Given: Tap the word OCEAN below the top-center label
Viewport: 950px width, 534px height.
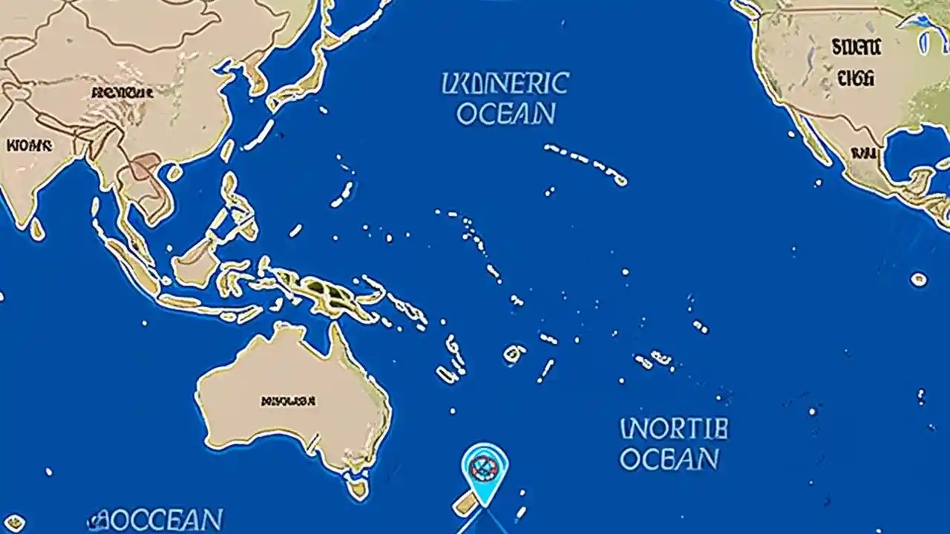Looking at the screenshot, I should (505, 113).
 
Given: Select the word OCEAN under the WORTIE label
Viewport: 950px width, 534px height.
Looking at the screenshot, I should (669, 458).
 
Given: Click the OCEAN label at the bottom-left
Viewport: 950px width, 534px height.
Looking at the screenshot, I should (156, 519).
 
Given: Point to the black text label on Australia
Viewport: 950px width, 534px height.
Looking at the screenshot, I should (288, 401).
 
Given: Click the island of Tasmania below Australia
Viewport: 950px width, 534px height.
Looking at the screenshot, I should (358, 487).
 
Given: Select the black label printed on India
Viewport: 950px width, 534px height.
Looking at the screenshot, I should (30, 146).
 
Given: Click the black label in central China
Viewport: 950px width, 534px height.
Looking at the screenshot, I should (122, 93).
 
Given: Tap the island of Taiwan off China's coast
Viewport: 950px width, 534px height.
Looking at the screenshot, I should (227, 151).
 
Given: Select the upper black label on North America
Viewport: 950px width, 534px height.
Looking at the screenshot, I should (856, 48).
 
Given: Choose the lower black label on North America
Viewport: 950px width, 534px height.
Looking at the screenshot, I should (856, 77).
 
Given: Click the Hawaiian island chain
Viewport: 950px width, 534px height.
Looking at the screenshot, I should (586, 163).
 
